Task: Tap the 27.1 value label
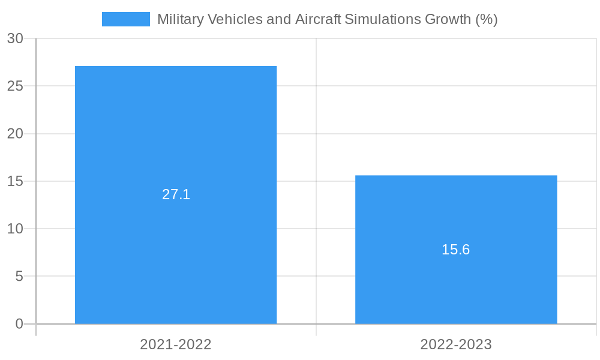[176, 194]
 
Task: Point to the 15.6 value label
[456, 250]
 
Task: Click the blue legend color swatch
[126, 19]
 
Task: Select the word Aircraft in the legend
[317, 19]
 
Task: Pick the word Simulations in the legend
[383, 19]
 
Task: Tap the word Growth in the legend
[448, 19]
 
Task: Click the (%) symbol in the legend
[486, 19]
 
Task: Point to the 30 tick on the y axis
[15, 38]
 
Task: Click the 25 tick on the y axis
[15, 86]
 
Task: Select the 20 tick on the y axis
[15, 134]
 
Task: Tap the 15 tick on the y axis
[15, 181]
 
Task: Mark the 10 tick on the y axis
[15, 229]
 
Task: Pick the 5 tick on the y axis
[19, 276]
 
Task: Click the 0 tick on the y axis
[19, 324]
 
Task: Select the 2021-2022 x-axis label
[176, 344]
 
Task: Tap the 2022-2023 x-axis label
[456, 344]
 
